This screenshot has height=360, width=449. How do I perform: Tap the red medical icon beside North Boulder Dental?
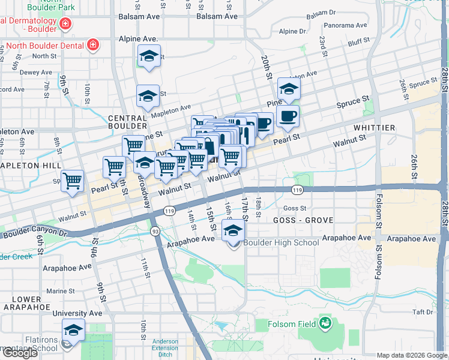coord(92,44)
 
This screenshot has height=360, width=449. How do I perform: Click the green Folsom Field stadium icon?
coord(325,324)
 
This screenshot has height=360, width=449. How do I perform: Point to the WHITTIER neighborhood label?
coord(374,128)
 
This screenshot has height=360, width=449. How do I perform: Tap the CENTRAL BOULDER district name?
coord(128,122)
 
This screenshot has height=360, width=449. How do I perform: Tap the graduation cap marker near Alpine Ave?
coord(148,57)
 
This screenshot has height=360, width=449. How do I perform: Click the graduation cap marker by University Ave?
coord(73,329)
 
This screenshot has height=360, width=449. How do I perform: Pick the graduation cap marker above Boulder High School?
coord(234,230)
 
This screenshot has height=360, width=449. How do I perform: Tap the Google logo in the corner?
coord(19,353)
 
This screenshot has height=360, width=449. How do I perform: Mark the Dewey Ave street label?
coord(20,72)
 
